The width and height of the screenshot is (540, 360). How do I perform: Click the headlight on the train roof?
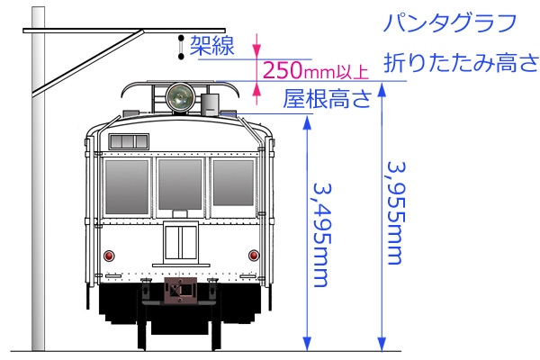pyautogui.click(x=180, y=97)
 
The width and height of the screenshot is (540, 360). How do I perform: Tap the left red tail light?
pyautogui.click(x=109, y=256)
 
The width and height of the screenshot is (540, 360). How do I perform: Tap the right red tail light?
pyautogui.click(x=254, y=256)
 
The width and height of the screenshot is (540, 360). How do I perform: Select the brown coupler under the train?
pyautogui.click(x=180, y=290)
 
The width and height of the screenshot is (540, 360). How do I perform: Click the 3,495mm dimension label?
pyautogui.click(x=321, y=235)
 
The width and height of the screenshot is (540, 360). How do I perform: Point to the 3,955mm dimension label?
pyautogui.click(x=396, y=213)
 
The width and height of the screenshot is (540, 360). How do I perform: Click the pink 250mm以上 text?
pyautogui.click(x=316, y=70)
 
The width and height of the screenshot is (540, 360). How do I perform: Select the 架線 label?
pyautogui.click(x=211, y=46)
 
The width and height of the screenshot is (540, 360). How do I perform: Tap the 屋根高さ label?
pyautogui.click(x=328, y=99)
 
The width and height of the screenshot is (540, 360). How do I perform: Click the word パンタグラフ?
pyautogui.click(x=450, y=23)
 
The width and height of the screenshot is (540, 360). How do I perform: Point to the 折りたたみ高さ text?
pyautogui.click(x=461, y=63)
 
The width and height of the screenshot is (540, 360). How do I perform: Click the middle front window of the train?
pyautogui.click(x=180, y=184)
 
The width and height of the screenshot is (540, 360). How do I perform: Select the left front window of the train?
pyautogui.click(x=127, y=187)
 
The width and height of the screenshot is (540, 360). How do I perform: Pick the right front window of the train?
pyautogui.click(x=233, y=183)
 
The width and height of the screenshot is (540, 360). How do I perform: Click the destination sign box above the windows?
pyautogui.click(x=129, y=141)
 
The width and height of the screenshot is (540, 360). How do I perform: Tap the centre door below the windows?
pyautogui.click(x=181, y=242)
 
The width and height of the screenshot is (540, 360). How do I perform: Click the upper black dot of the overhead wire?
pyautogui.click(x=181, y=38)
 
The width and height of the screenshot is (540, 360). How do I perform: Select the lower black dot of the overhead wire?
pyautogui.click(x=181, y=56)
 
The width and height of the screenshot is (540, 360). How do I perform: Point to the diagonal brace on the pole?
pyautogui.click(x=88, y=62)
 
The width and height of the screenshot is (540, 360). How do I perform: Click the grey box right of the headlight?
pyautogui.click(x=210, y=104)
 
